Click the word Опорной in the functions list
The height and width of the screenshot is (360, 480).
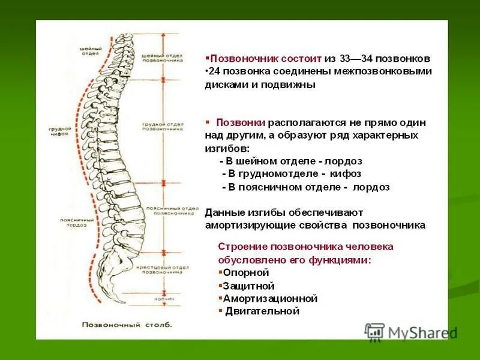coord(242,272)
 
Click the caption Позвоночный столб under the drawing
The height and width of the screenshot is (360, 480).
coord(127,325)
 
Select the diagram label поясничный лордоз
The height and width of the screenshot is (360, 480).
coord(74,223)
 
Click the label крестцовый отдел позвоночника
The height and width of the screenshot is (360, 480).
coord(163,269)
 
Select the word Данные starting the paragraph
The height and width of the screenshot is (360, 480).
coord(222,212)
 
